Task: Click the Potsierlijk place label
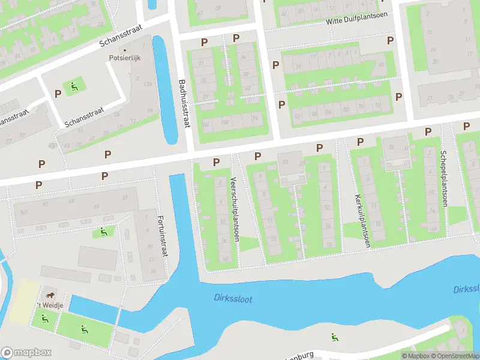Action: tap(124, 58)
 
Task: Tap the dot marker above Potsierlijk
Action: tap(124, 50)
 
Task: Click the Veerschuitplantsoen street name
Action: tap(236, 209)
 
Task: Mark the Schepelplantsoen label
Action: tap(445, 178)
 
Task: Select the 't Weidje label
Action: tap(47, 305)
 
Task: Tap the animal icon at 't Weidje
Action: tap(49, 295)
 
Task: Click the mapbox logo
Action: tap(26, 353)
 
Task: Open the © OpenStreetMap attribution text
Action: tap(454, 356)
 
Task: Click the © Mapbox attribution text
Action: tap(413, 356)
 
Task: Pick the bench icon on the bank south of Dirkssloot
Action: tap(334, 337)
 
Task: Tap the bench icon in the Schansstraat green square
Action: tap(74, 86)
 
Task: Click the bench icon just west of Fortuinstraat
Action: tap(104, 231)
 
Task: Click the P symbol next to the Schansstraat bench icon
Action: tap(58, 94)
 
